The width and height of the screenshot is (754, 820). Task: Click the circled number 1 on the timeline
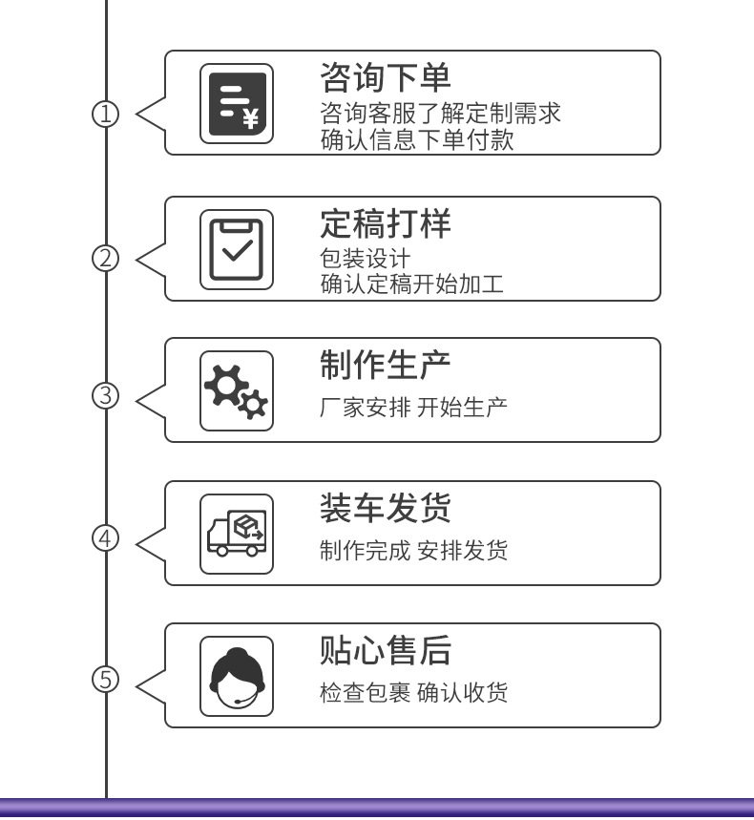pos(105,115)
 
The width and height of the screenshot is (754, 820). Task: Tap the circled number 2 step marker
pos(105,258)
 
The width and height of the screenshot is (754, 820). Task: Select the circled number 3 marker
pos(105,395)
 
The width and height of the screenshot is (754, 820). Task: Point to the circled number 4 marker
pos(105,538)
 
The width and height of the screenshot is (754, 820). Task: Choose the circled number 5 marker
pos(105,680)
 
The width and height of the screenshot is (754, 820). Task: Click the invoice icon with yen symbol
pos(237,103)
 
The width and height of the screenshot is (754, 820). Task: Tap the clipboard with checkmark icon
pos(237,250)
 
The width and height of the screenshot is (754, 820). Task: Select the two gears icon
pos(237,390)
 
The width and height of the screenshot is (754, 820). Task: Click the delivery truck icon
pos(237,534)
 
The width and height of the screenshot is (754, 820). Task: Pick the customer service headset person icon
pos(237,676)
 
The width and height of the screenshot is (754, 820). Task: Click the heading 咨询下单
pos(385,77)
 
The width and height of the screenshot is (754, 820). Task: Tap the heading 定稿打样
pos(385,223)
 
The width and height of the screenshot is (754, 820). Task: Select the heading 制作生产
pos(385,365)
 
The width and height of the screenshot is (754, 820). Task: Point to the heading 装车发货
pos(385,508)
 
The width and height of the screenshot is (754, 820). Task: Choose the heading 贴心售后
pos(385,650)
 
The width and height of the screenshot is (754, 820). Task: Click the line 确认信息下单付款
pos(416,140)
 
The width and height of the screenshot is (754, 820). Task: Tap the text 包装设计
pos(365,259)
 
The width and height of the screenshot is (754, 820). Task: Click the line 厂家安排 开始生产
pos(412,407)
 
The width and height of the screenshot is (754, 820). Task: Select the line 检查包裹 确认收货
pos(412,692)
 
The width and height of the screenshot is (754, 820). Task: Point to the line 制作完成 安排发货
pos(412,551)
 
